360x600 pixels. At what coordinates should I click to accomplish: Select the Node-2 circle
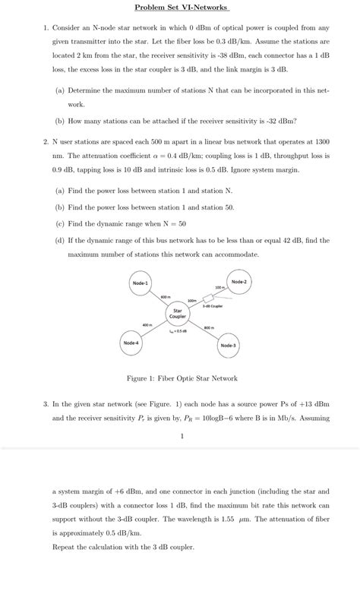(x=238, y=282)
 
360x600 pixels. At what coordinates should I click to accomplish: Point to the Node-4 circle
(x=131, y=343)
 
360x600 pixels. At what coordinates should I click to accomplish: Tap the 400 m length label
(x=148, y=325)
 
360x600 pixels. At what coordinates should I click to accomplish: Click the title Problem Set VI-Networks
(x=180, y=8)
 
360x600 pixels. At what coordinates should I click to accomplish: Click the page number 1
(x=182, y=436)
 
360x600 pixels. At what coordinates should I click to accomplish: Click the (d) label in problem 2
(x=59, y=241)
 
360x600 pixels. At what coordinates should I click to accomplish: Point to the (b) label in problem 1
(x=59, y=121)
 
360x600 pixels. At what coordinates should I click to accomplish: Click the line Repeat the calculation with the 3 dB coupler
(x=123, y=547)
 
